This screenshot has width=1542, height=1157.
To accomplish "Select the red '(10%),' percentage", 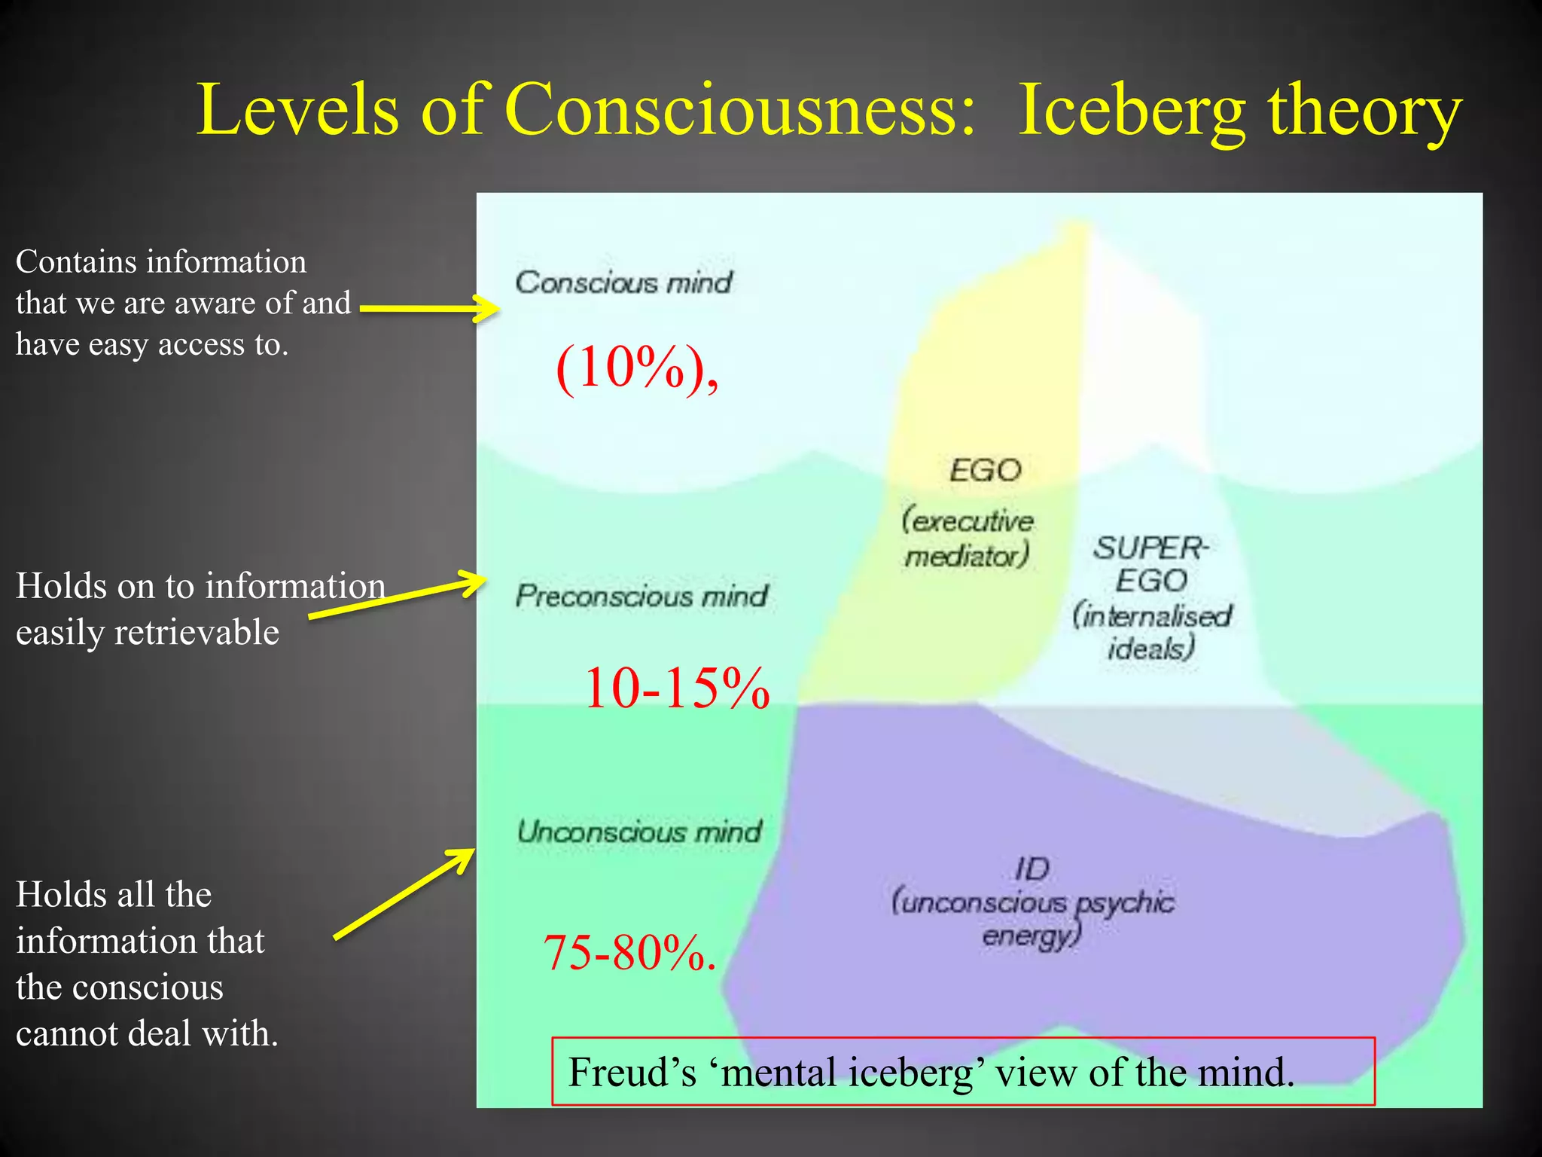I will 637,369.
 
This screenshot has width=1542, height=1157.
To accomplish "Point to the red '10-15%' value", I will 676,688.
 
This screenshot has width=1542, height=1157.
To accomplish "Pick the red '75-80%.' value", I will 629,952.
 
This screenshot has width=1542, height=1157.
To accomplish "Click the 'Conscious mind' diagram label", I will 623,282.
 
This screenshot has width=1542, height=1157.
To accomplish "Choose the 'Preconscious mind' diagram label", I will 641,596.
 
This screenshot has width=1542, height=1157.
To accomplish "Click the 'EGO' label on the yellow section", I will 985,471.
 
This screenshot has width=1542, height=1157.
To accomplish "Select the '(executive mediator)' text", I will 968,539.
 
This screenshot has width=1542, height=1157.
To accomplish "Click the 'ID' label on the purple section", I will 1032,869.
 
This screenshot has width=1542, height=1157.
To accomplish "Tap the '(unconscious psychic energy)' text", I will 1032,918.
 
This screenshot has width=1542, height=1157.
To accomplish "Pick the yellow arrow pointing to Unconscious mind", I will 404,894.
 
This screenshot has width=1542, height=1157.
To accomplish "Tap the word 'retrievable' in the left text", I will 197,632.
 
